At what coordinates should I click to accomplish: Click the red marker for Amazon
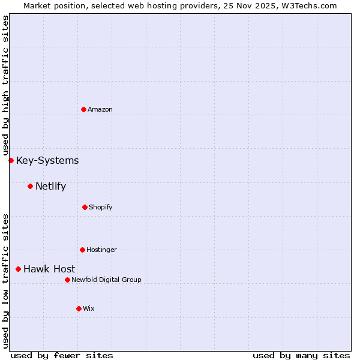[83, 109]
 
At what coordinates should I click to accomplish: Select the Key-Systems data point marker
[11, 160]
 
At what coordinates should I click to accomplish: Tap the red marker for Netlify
[30, 186]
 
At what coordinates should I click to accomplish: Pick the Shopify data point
[85, 207]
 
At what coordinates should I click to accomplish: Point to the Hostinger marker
[82, 250]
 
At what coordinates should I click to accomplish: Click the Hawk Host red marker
[18, 269]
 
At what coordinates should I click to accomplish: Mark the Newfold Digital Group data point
[67, 280]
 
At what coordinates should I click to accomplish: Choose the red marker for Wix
[79, 308]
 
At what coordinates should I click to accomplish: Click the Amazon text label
[100, 109]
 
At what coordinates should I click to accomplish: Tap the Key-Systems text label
[47, 160]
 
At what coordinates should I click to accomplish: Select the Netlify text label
[50, 186]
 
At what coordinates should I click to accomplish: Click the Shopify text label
[101, 207]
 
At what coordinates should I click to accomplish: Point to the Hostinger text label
[101, 250]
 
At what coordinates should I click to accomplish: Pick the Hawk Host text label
[49, 269]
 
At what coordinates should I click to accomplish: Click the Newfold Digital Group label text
[106, 280]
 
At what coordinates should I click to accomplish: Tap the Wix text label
[89, 308]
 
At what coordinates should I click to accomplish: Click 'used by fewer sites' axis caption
[62, 355]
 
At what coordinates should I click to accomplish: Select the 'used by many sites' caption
[301, 355]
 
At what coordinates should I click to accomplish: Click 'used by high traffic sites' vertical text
[5, 86]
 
